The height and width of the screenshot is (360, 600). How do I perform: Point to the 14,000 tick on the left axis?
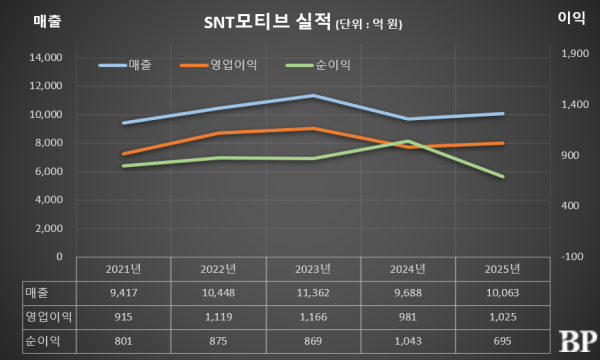(44, 58)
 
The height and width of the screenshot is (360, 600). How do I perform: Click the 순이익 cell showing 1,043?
(408, 339)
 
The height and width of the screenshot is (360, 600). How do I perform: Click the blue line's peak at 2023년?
(313, 96)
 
